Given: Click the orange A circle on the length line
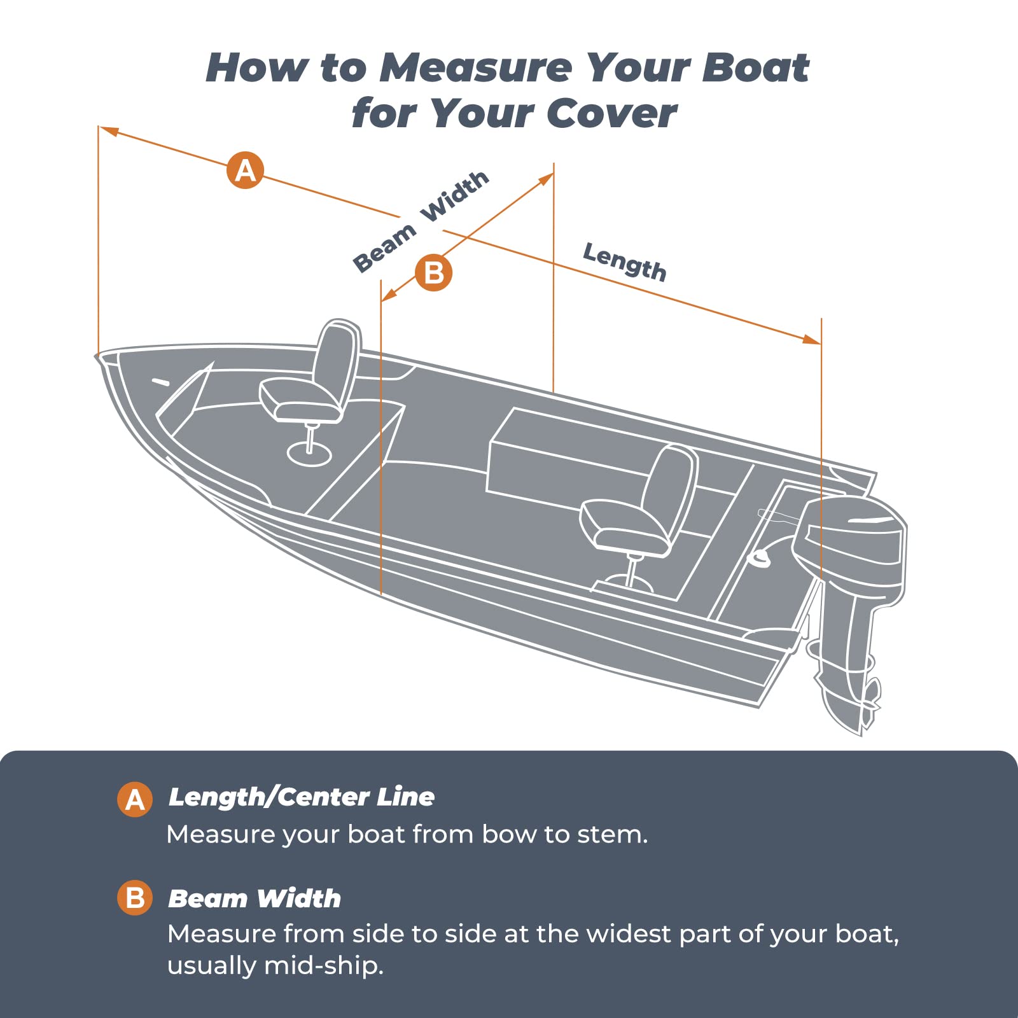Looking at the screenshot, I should pyautogui.click(x=246, y=171).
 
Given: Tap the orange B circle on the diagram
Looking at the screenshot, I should pyautogui.click(x=433, y=273).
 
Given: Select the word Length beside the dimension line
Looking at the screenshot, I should pyautogui.click(x=625, y=261).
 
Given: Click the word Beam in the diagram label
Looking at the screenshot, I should pyautogui.click(x=384, y=249).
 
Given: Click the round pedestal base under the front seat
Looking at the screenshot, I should pyautogui.click(x=309, y=454).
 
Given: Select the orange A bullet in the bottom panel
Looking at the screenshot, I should pyautogui.click(x=135, y=799).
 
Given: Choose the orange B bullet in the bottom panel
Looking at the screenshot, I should pyautogui.click(x=135, y=898).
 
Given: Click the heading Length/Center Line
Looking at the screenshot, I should pyautogui.click(x=302, y=797).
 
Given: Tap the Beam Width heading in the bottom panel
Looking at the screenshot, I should pyautogui.click(x=254, y=898).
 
